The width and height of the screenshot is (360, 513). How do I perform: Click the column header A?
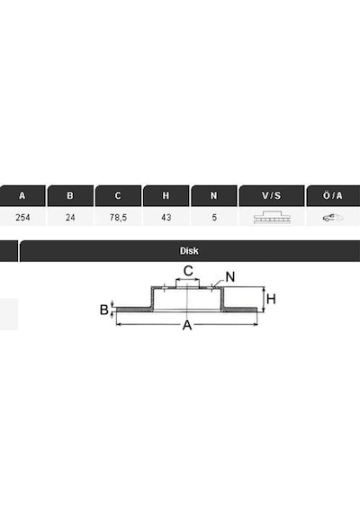22,195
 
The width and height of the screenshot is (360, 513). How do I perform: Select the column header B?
70,195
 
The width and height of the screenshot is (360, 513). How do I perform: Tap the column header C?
118,195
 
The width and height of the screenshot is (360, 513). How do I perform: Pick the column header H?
166,195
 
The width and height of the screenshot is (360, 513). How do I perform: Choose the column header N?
213,195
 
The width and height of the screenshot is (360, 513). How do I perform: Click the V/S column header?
271,195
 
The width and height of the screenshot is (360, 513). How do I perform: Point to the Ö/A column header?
333,195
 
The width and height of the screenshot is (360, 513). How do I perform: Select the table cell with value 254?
22,217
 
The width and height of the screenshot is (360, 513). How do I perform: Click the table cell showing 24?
70,217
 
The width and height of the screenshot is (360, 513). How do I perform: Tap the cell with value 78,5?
118,217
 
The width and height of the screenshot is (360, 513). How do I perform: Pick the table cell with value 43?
166,217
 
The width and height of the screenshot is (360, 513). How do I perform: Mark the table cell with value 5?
214,217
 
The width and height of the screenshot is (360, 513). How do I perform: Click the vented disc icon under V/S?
272,217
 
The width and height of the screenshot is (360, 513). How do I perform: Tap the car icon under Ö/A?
333,218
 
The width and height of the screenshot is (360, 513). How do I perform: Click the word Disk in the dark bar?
189,251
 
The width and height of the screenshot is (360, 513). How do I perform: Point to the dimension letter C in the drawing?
188,271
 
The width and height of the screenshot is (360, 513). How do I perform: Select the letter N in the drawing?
230,277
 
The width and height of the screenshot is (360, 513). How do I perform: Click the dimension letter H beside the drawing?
271,299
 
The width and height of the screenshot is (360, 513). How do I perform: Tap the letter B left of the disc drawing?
103,310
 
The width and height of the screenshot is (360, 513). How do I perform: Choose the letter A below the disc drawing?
187,325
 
